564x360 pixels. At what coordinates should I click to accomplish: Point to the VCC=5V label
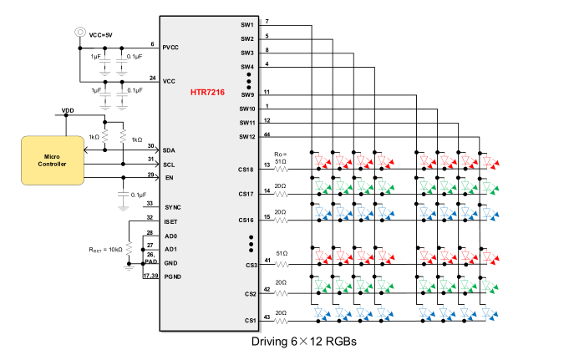tap(102, 34)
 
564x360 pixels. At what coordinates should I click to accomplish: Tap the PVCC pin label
tap(172, 48)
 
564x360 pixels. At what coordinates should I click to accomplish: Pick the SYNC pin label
tap(173, 207)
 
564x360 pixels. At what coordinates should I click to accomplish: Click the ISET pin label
tap(171, 221)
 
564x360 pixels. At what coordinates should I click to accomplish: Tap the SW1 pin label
tap(246, 25)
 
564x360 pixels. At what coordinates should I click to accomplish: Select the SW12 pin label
tap(246, 137)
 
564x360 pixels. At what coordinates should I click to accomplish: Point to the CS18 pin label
tap(246, 170)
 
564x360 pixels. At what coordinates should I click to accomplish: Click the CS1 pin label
tap(248, 321)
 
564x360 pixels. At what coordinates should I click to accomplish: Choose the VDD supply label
tap(68, 109)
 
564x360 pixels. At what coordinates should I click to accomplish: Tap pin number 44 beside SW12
tap(267, 133)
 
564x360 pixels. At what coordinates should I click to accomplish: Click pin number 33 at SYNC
tap(150, 203)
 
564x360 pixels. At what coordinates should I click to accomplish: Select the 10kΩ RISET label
tap(107, 249)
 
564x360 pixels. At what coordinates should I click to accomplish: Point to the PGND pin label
tap(172, 277)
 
